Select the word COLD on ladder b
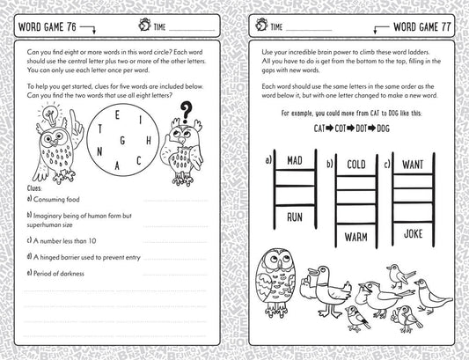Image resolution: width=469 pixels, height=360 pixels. point(355,164)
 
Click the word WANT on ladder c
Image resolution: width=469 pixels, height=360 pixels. point(412,164)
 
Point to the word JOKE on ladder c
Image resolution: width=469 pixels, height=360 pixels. point(412,234)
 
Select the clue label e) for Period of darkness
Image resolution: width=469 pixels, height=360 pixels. point(30,272)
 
